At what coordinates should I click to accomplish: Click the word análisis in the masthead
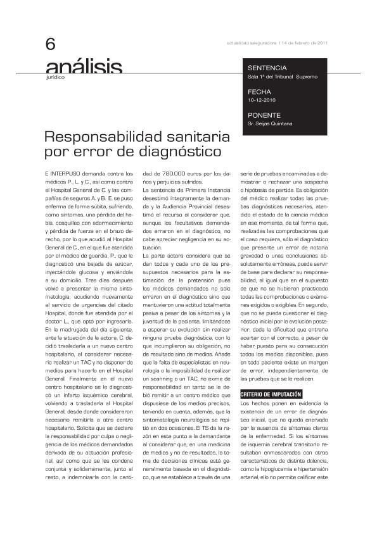[84, 69]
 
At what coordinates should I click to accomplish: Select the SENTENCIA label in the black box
[267, 68]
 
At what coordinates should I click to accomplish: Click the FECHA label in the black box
[259, 92]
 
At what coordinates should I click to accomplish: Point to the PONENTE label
[265, 115]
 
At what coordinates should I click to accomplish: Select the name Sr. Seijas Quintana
[271, 123]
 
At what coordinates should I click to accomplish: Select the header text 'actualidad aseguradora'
[252, 43]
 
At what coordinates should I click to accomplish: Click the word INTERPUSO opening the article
[65, 173]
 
